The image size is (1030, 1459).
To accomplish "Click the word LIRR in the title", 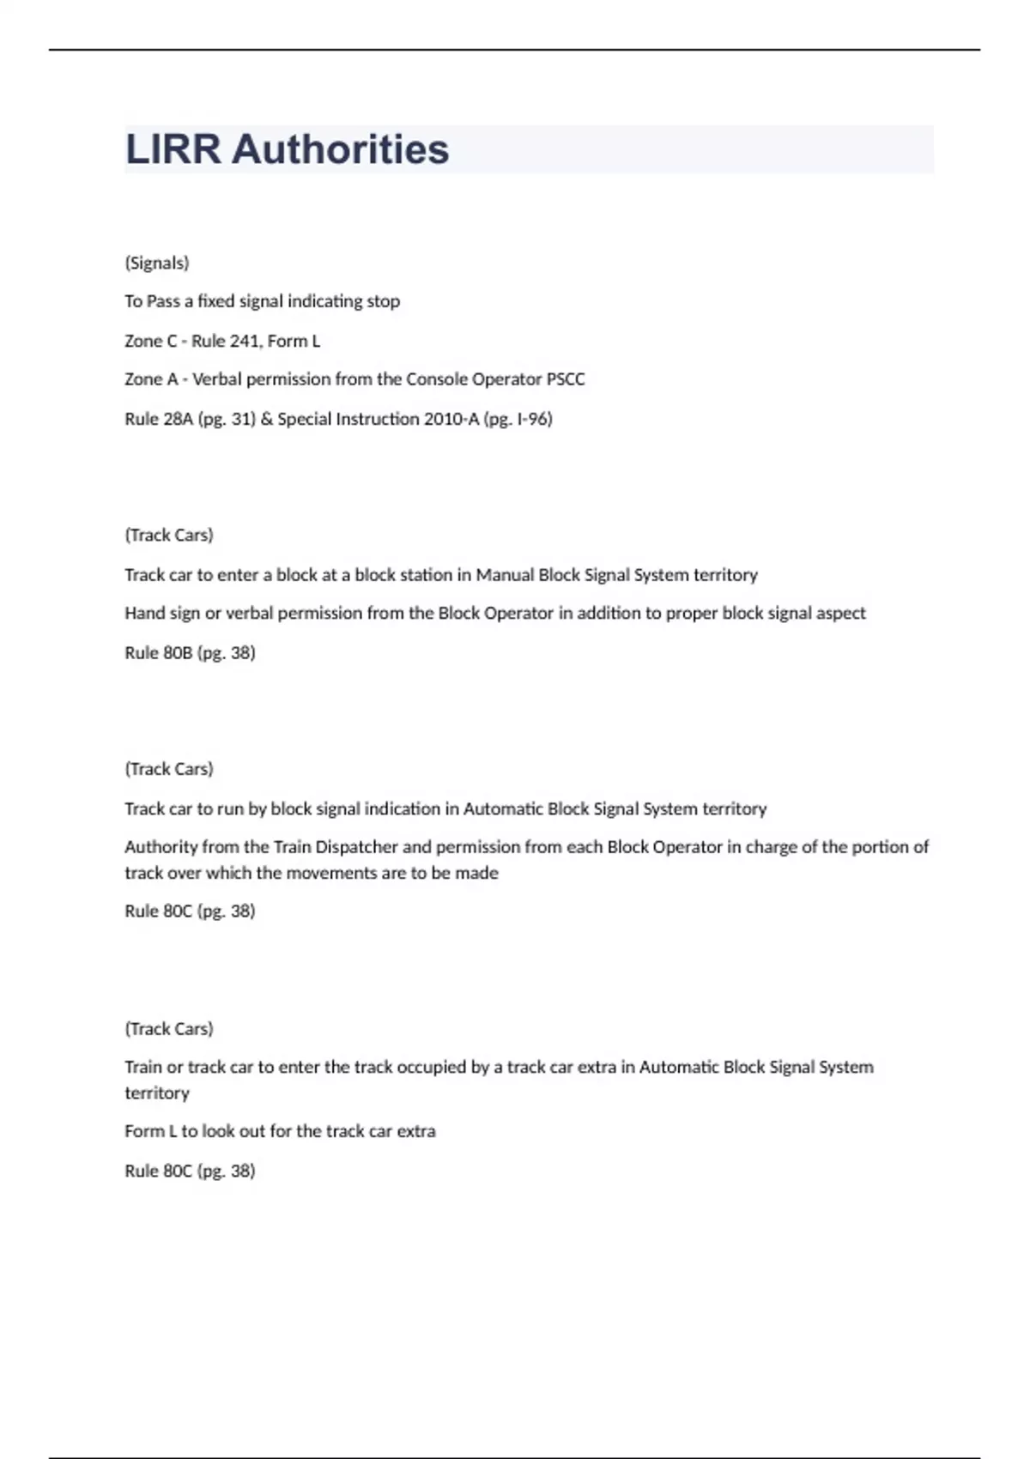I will pyautogui.click(x=173, y=149).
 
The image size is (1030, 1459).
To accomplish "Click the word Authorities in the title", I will pyautogui.click(x=340, y=149).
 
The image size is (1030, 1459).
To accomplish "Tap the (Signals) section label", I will pyautogui.click(x=157, y=263).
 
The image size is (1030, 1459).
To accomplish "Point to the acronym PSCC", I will pyautogui.click(x=566, y=379).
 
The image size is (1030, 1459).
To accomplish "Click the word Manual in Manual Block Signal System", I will pyautogui.click(x=504, y=575).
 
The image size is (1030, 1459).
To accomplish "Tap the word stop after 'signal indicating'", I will pyautogui.click(x=384, y=301).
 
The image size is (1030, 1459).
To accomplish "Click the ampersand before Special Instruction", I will pyautogui.click(x=266, y=419).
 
